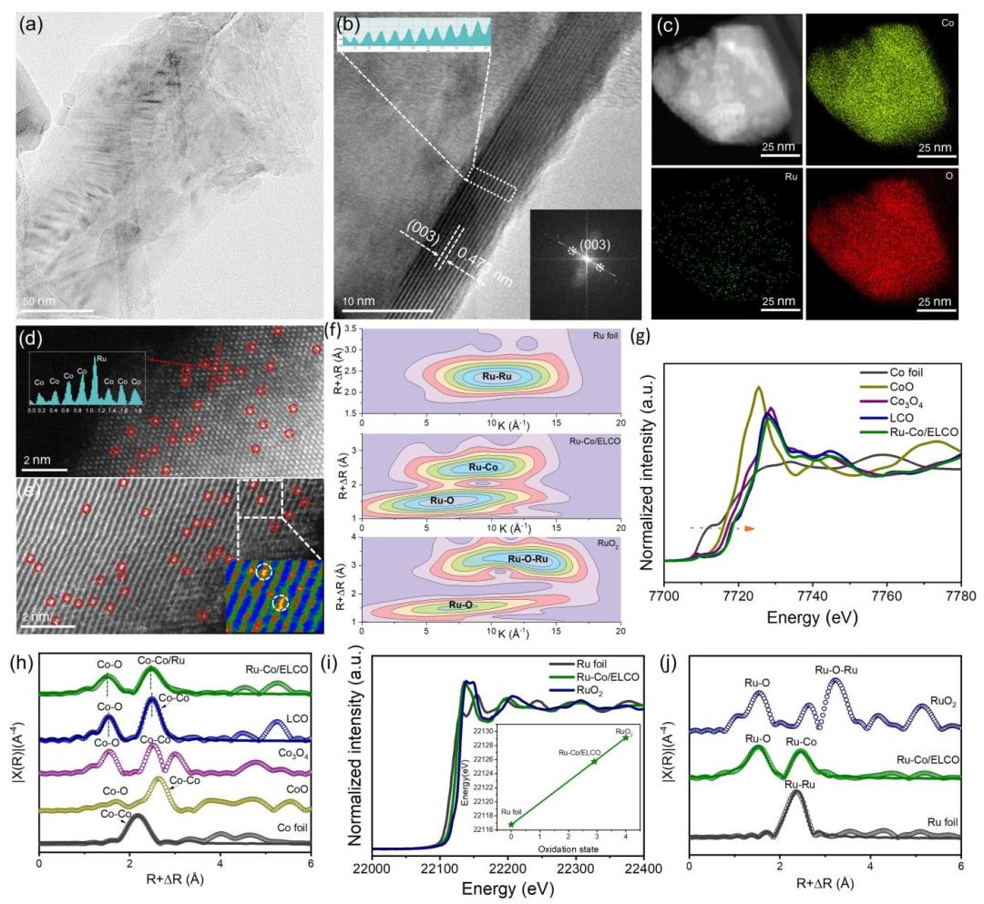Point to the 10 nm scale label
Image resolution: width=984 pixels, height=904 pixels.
[362, 300]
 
